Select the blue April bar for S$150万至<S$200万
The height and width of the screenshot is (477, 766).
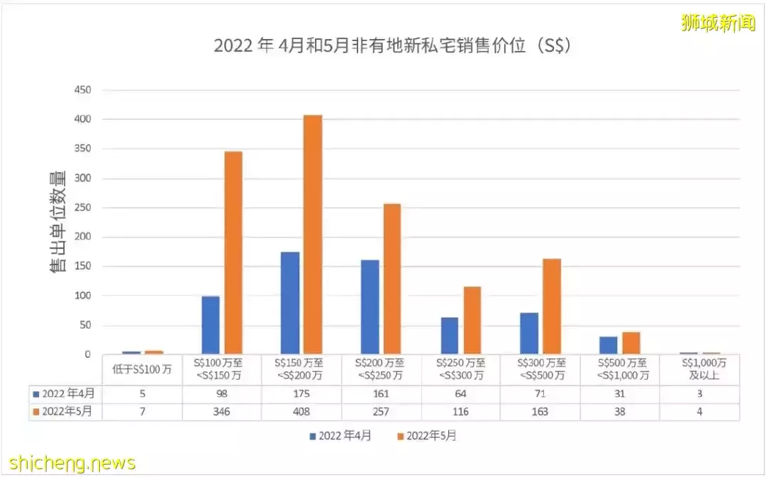tap(289, 303)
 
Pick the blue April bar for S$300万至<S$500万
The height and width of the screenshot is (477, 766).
tap(529, 333)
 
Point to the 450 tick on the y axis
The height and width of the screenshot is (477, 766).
tap(83, 90)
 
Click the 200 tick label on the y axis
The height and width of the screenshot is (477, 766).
tap(83, 237)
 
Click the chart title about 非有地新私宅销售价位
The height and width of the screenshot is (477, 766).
tap(392, 46)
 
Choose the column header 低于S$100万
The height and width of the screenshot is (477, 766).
tap(142, 370)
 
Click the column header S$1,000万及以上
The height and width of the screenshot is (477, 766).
tap(699, 370)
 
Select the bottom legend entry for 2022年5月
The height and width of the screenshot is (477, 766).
tap(428, 437)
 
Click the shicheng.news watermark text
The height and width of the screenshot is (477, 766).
tap(72, 464)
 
